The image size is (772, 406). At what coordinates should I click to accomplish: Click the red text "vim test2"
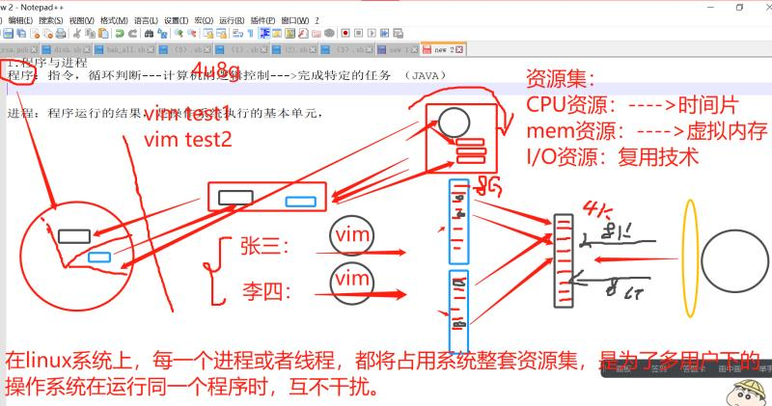click(188, 139)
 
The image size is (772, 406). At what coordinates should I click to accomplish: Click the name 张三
click(263, 247)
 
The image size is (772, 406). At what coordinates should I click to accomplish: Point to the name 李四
click(263, 290)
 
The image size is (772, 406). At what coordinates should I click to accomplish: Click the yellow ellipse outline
click(689, 256)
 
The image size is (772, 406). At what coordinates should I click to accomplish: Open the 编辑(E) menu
click(20, 19)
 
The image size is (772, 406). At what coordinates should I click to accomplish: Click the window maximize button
click(740, 6)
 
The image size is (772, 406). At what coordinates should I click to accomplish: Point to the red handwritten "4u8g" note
click(217, 71)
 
